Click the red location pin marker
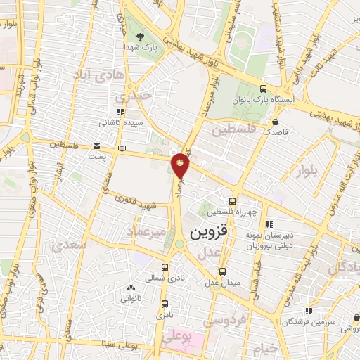pos(181,165)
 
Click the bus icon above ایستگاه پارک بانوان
pos(263,89)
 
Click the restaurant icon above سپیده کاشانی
pos(120,111)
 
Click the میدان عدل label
pos(222,283)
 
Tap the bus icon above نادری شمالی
pos(165,268)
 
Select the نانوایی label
pos(131,298)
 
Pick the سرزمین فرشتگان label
pos(304,321)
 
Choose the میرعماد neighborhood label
pos(146,231)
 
